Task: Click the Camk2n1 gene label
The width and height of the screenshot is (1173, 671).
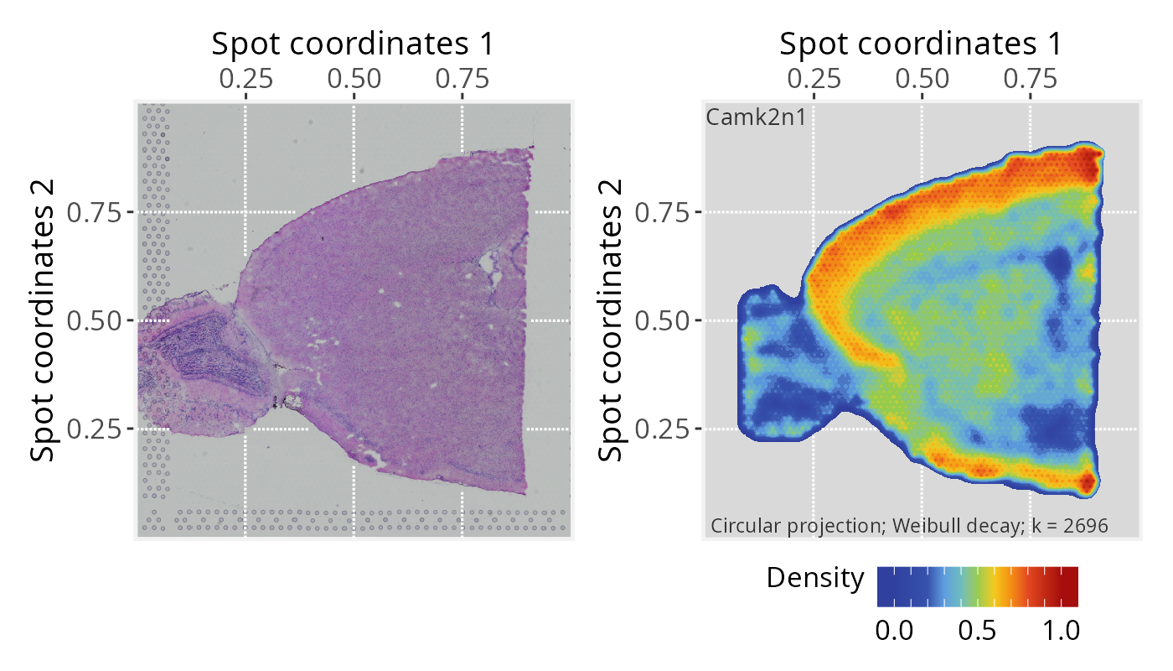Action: click(x=756, y=117)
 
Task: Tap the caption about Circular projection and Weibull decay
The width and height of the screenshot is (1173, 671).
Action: click(x=909, y=526)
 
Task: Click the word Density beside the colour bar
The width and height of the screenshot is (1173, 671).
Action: click(x=814, y=578)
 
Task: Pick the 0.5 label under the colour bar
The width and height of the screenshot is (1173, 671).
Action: click(x=977, y=631)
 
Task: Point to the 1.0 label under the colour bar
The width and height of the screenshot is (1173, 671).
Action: click(x=1060, y=631)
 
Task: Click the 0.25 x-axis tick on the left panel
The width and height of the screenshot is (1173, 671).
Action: click(x=245, y=79)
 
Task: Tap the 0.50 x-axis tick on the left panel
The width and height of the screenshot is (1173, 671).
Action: click(x=354, y=79)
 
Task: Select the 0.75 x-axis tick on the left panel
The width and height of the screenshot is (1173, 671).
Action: click(x=462, y=79)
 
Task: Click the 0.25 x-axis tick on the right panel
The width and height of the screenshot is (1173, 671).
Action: click(x=814, y=79)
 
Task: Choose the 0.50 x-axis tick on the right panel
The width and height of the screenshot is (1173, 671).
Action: click(x=922, y=79)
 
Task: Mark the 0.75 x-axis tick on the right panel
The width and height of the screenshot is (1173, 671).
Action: click(x=1031, y=79)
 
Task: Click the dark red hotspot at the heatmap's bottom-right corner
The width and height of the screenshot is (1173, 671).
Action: click(x=1088, y=482)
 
